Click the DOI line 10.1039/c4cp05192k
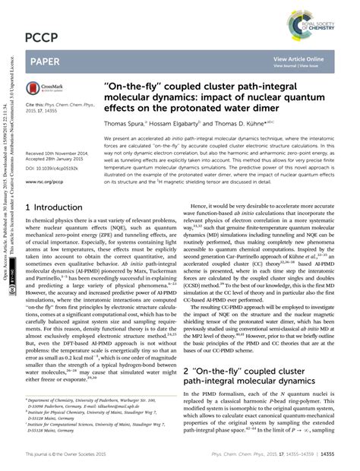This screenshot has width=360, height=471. [x=56, y=169]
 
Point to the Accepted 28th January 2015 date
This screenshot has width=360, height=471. [x=60, y=160]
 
